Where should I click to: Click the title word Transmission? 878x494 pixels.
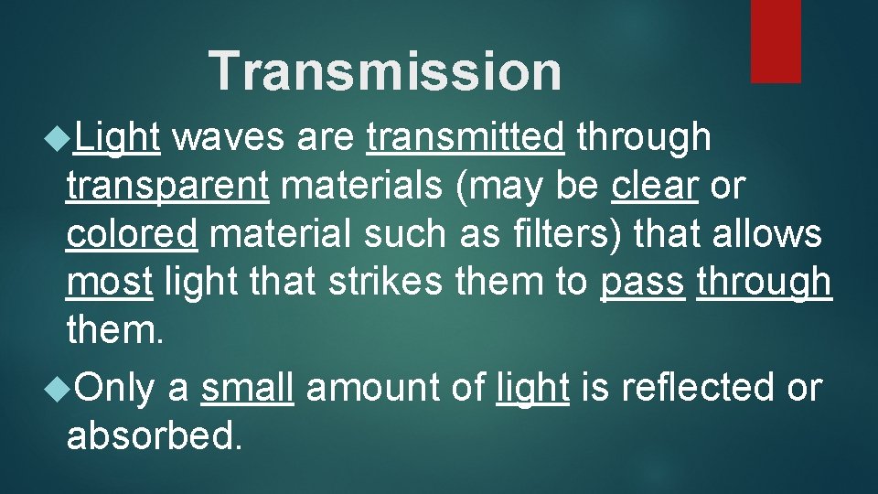(x=385, y=71)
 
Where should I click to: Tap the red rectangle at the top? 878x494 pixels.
(x=776, y=40)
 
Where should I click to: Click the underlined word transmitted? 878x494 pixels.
(x=466, y=137)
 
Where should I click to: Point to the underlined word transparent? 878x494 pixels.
(x=167, y=187)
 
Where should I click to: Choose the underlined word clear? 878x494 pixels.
(x=655, y=186)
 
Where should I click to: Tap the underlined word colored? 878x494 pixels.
(x=132, y=235)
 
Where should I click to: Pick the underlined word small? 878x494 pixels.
(x=247, y=388)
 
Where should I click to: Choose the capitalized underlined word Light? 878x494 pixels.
(x=118, y=137)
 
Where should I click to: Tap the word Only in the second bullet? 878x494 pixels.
(x=115, y=388)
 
